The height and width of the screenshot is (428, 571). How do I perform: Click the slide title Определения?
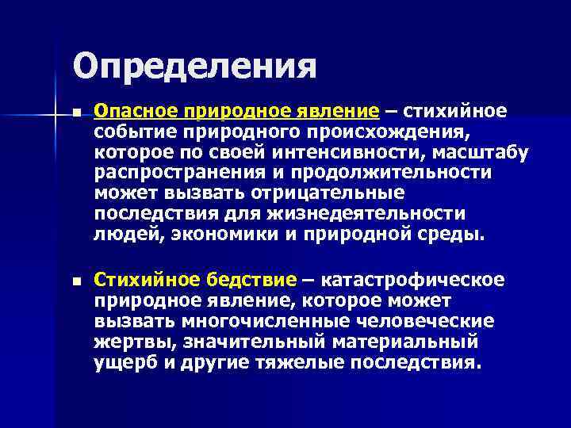(x=194, y=67)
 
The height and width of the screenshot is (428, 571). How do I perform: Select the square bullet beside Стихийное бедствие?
(x=76, y=281)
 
